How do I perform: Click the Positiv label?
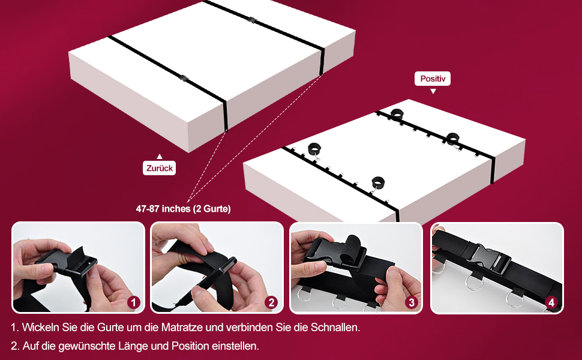(433, 79)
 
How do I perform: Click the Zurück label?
(159, 168)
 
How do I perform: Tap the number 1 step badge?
(134, 302)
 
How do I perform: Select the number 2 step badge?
(271, 302)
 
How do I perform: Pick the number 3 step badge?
(411, 302)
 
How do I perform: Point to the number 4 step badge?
(551, 302)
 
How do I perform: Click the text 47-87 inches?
(163, 209)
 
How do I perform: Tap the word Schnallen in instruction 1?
(335, 328)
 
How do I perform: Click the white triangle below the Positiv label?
(433, 91)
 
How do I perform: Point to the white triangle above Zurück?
(160, 156)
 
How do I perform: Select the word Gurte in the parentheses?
(215, 209)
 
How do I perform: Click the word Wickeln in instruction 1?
(38, 328)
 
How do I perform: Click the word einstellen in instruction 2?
(235, 346)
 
